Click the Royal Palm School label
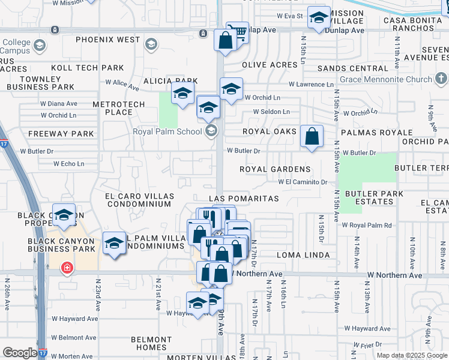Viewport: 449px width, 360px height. [167, 131]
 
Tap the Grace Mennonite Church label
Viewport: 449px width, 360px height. [386, 79]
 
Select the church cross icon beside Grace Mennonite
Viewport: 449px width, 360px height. [441, 78]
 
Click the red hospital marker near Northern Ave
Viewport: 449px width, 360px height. [67, 268]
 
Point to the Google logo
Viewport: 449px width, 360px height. [20, 353]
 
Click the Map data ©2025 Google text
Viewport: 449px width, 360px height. [412, 355]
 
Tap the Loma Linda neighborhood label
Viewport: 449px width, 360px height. [303, 255]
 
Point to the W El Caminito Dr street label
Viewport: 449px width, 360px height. [302, 182]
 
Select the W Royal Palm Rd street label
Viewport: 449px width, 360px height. [367, 225]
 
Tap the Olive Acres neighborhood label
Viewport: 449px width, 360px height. [270, 64]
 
